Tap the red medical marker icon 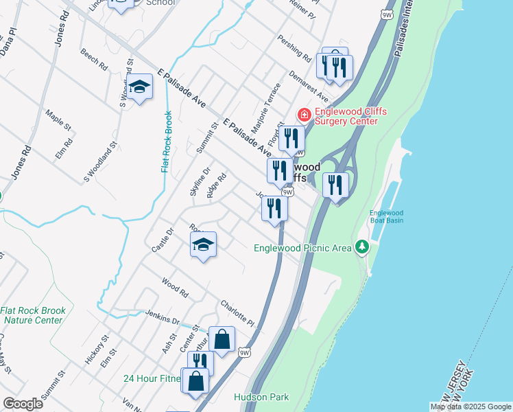click(302, 113)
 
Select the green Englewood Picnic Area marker click(362, 247)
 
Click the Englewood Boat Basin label click(386, 216)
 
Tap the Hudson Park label click(261, 397)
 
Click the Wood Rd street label click(175, 287)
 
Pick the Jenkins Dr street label click(163, 317)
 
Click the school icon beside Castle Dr click(203, 244)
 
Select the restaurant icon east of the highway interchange click(335, 185)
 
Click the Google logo click(23, 403)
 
